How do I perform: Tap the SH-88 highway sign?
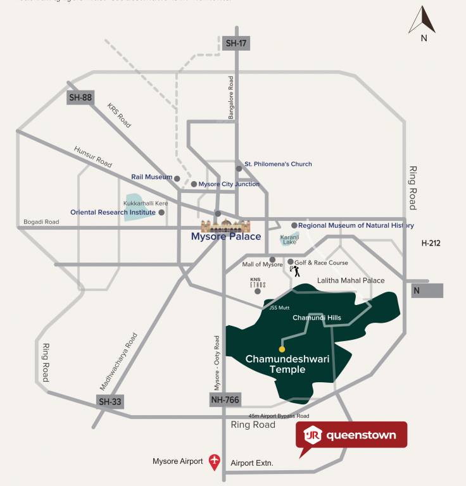pos(80,97)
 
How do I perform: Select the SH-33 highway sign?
pos(110,401)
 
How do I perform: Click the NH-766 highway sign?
pos(225,400)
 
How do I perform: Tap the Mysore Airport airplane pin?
pos(215,462)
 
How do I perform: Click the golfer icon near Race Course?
pos(294,271)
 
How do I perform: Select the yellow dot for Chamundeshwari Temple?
pos(282,349)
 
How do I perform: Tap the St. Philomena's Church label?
pos(278,164)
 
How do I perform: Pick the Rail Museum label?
pos(151,177)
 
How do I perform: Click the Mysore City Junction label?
pos(229,184)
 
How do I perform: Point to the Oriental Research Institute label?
pos(113,213)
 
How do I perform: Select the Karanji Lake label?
pos(289,239)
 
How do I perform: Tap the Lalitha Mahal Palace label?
pos(351,280)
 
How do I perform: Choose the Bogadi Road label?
pos(41,222)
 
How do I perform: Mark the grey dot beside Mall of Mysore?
pos(272,259)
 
